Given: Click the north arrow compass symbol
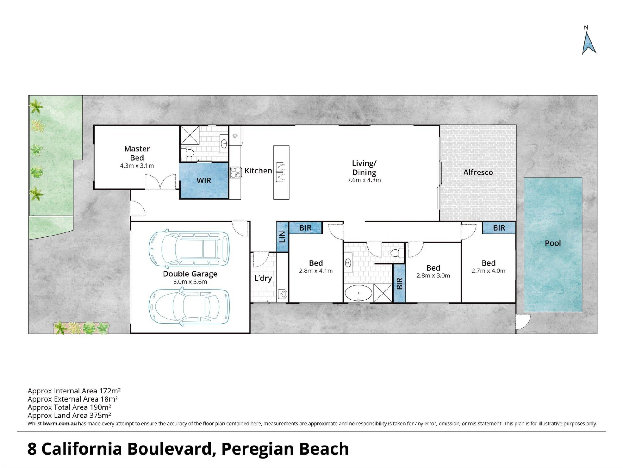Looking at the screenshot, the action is click(x=588, y=43).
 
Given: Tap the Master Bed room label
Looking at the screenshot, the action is click(x=137, y=153).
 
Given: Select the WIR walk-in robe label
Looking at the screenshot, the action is click(x=204, y=181).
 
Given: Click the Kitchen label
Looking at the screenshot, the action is click(x=258, y=171).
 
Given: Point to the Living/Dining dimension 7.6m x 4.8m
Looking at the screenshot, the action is click(x=364, y=180).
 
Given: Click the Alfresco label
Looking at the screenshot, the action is click(x=478, y=172).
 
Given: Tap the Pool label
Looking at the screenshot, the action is click(x=553, y=243).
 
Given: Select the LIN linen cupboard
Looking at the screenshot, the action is click(x=282, y=237).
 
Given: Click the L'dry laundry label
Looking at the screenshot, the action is click(x=263, y=278).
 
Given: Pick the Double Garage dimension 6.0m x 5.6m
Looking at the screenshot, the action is click(x=190, y=282).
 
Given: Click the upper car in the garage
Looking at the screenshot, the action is click(x=189, y=248).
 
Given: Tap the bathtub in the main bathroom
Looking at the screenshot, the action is click(x=358, y=293).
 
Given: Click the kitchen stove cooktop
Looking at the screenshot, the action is click(x=235, y=173).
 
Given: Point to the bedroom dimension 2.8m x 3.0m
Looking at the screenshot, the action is click(x=433, y=276).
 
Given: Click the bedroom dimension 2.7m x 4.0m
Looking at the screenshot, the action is click(x=488, y=271).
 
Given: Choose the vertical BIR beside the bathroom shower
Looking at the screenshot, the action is click(x=400, y=283).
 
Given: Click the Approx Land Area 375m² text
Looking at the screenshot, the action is click(x=69, y=416).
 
